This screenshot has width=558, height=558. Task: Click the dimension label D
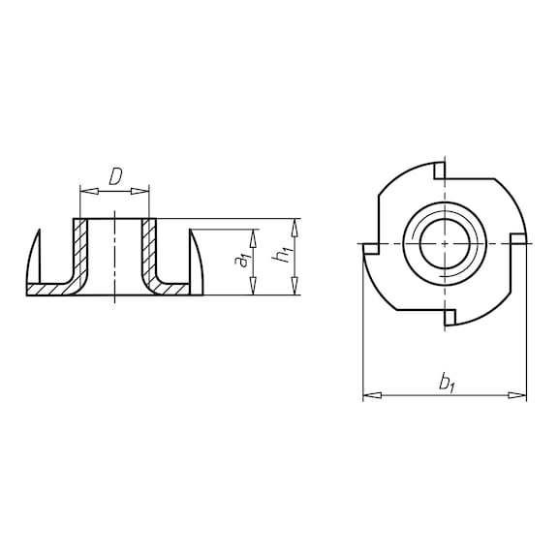coord(114,176)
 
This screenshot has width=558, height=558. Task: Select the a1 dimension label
coord(244,261)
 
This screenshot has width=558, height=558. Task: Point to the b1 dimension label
coord(447,383)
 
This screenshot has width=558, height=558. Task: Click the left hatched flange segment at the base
coord(48,289)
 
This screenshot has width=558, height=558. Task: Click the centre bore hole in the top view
coord(445,242)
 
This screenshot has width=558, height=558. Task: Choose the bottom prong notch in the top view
coord(451,315)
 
